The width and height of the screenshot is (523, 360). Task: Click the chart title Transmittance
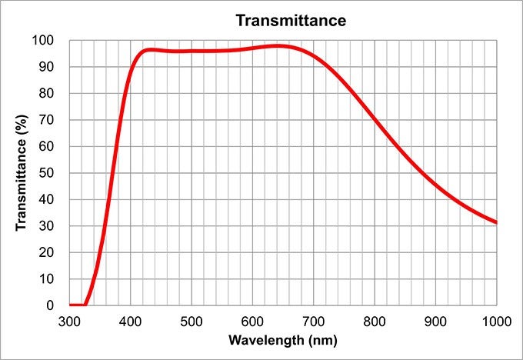pyautogui.click(x=291, y=20)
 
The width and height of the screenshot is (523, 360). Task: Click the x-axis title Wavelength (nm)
pyautogui.click(x=283, y=339)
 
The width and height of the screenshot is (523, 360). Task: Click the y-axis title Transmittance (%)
pyautogui.click(x=22, y=173)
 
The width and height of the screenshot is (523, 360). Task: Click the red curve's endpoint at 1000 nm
pyautogui.click(x=496, y=222)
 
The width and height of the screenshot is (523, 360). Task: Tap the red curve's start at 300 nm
pyautogui.click(x=71, y=305)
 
